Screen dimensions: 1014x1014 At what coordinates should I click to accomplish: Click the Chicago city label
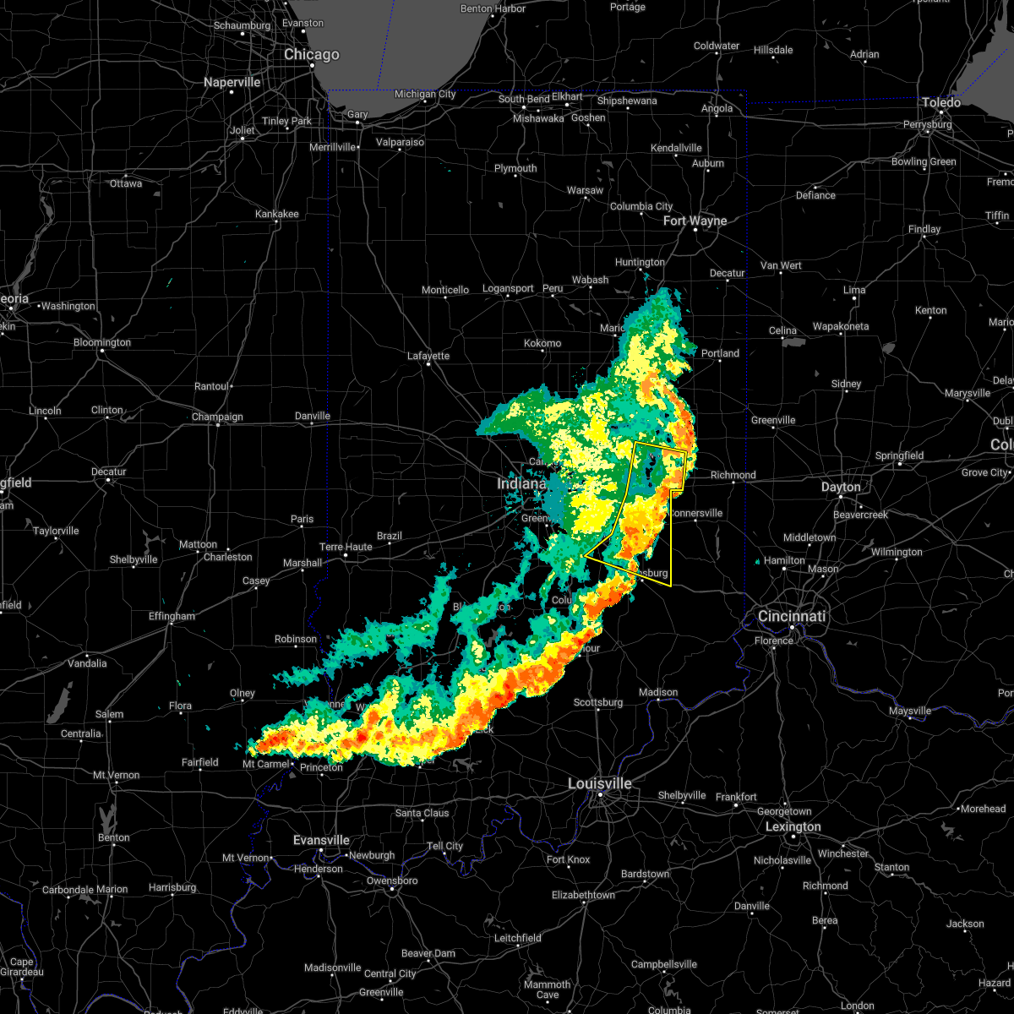point(311,55)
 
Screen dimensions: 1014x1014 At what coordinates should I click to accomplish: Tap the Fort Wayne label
point(695,221)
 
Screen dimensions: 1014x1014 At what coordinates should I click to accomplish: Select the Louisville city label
point(599,783)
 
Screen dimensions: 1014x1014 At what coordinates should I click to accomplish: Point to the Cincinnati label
point(792,616)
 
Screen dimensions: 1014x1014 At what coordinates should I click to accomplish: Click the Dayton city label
point(841,487)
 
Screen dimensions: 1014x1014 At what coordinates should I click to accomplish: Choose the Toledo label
point(941,102)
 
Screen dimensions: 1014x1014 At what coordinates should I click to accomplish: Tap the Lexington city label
point(793,826)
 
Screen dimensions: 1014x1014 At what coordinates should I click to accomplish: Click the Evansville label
point(321,840)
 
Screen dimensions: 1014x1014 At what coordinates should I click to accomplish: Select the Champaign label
point(217,417)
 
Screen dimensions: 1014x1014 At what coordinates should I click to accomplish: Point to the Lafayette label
point(428,356)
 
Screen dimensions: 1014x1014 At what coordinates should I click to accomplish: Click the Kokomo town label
point(542,343)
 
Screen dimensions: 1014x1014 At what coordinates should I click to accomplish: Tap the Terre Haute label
point(346,547)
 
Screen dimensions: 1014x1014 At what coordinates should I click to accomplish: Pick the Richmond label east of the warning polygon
point(733,475)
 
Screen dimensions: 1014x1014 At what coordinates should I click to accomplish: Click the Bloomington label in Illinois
point(102,342)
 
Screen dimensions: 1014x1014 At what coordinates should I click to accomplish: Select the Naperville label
point(232,83)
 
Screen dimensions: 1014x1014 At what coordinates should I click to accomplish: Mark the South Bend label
point(523,99)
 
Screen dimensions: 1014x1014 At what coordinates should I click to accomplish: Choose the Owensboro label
point(392,880)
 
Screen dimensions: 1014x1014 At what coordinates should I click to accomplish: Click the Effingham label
point(172,616)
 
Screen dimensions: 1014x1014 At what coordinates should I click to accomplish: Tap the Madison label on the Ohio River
point(658,692)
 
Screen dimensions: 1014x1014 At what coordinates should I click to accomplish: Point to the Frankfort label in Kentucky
point(736,797)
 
